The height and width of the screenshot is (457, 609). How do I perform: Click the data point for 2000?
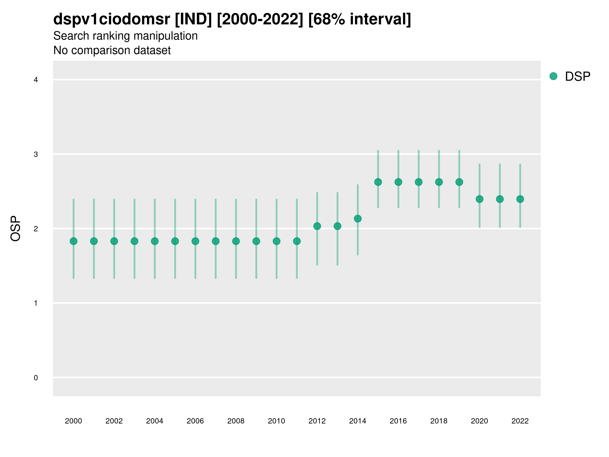(74, 241)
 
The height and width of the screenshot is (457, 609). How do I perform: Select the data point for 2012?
(317, 226)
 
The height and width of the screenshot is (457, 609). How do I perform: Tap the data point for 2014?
(358, 219)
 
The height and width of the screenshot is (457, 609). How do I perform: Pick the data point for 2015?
(378, 182)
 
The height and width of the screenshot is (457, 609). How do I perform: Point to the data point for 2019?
(459, 182)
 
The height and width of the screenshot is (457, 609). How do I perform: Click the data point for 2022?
(520, 199)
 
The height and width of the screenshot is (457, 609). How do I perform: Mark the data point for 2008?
(236, 241)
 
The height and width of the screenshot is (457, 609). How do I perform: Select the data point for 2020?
(480, 199)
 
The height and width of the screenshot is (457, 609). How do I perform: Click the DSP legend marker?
(553, 76)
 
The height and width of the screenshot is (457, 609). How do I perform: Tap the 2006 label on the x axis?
(195, 421)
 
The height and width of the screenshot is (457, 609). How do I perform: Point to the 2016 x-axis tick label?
(398, 421)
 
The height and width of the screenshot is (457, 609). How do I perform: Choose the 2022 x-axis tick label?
(520, 421)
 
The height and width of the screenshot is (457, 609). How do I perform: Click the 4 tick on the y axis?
(36, 80)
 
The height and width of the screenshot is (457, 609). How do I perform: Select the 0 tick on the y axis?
(36, 378)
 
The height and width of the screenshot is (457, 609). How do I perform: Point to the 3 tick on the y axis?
(36, 154)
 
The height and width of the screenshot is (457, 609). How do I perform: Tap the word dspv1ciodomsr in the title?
(111, 19)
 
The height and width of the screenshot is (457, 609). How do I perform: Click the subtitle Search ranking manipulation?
(126, 36)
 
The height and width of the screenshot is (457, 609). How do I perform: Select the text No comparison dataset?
(112, 51)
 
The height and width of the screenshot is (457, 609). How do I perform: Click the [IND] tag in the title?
(193, 19)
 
